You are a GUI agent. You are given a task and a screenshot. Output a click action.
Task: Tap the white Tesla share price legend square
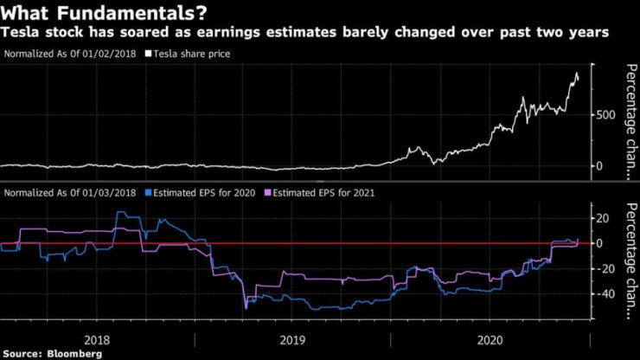(x=148, y=54)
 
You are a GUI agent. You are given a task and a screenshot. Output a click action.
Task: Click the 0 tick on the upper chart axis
(x=599, y=165)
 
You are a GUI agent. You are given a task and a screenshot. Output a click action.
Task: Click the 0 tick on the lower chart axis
(x=599, y=243)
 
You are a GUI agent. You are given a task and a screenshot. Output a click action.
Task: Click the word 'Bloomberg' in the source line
(x=73, y=354)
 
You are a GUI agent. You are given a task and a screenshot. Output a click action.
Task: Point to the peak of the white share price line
(x=575, y=74)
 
